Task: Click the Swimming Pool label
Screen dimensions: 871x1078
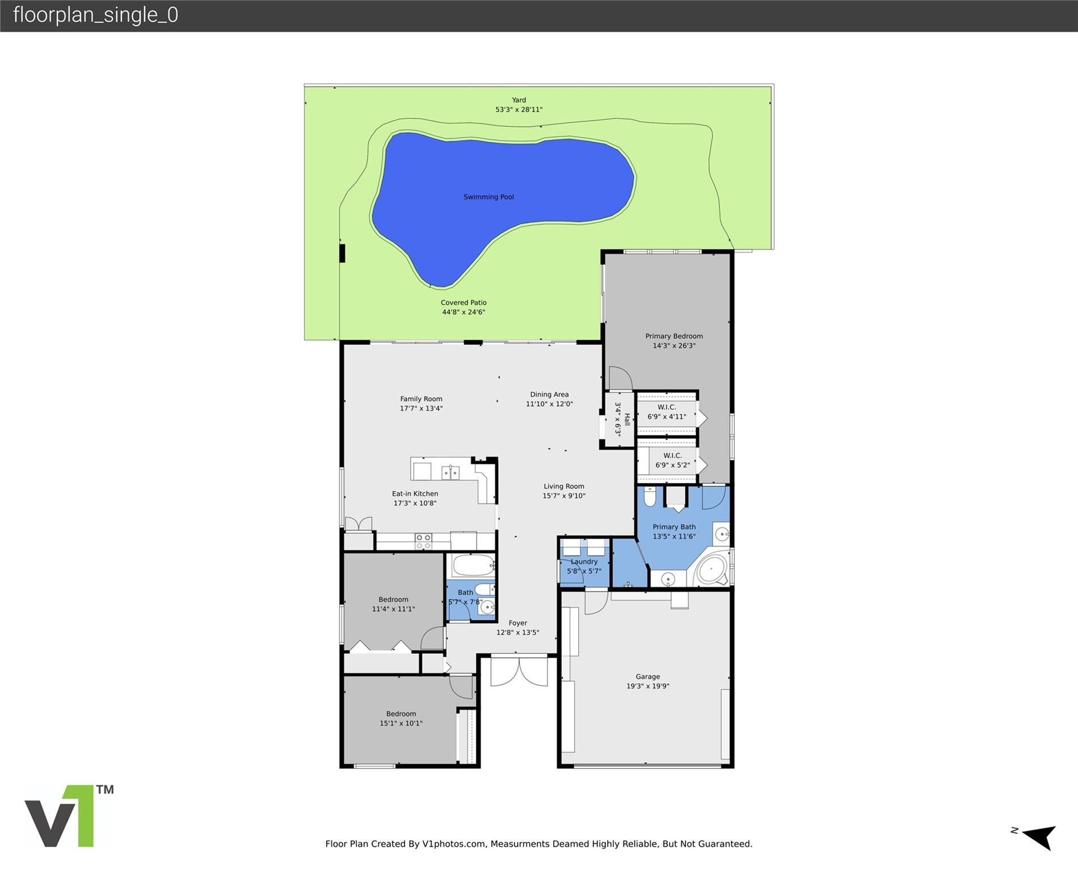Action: point(489,197)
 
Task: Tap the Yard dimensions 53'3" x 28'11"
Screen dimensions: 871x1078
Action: point(519,109)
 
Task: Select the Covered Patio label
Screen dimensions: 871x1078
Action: point(464,302)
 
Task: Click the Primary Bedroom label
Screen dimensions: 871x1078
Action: point(673,336)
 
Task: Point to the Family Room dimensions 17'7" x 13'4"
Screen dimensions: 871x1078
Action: point(421,408)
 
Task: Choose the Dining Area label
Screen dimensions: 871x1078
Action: point(549,394)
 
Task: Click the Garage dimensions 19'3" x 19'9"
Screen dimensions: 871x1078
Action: point(647,686)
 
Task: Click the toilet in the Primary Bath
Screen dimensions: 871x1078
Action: point(650,497)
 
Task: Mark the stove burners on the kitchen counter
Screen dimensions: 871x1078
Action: point(423,541)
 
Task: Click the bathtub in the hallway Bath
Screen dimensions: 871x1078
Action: point(473,565)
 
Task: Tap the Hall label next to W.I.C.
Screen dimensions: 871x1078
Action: point(627,420)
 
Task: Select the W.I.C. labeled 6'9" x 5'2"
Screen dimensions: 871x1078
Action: point(672,460)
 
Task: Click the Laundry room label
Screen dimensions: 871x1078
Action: point(584,561)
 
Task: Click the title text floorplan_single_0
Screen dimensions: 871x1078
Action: point(95,15)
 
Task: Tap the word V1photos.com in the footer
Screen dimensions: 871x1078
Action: point(454,844)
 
